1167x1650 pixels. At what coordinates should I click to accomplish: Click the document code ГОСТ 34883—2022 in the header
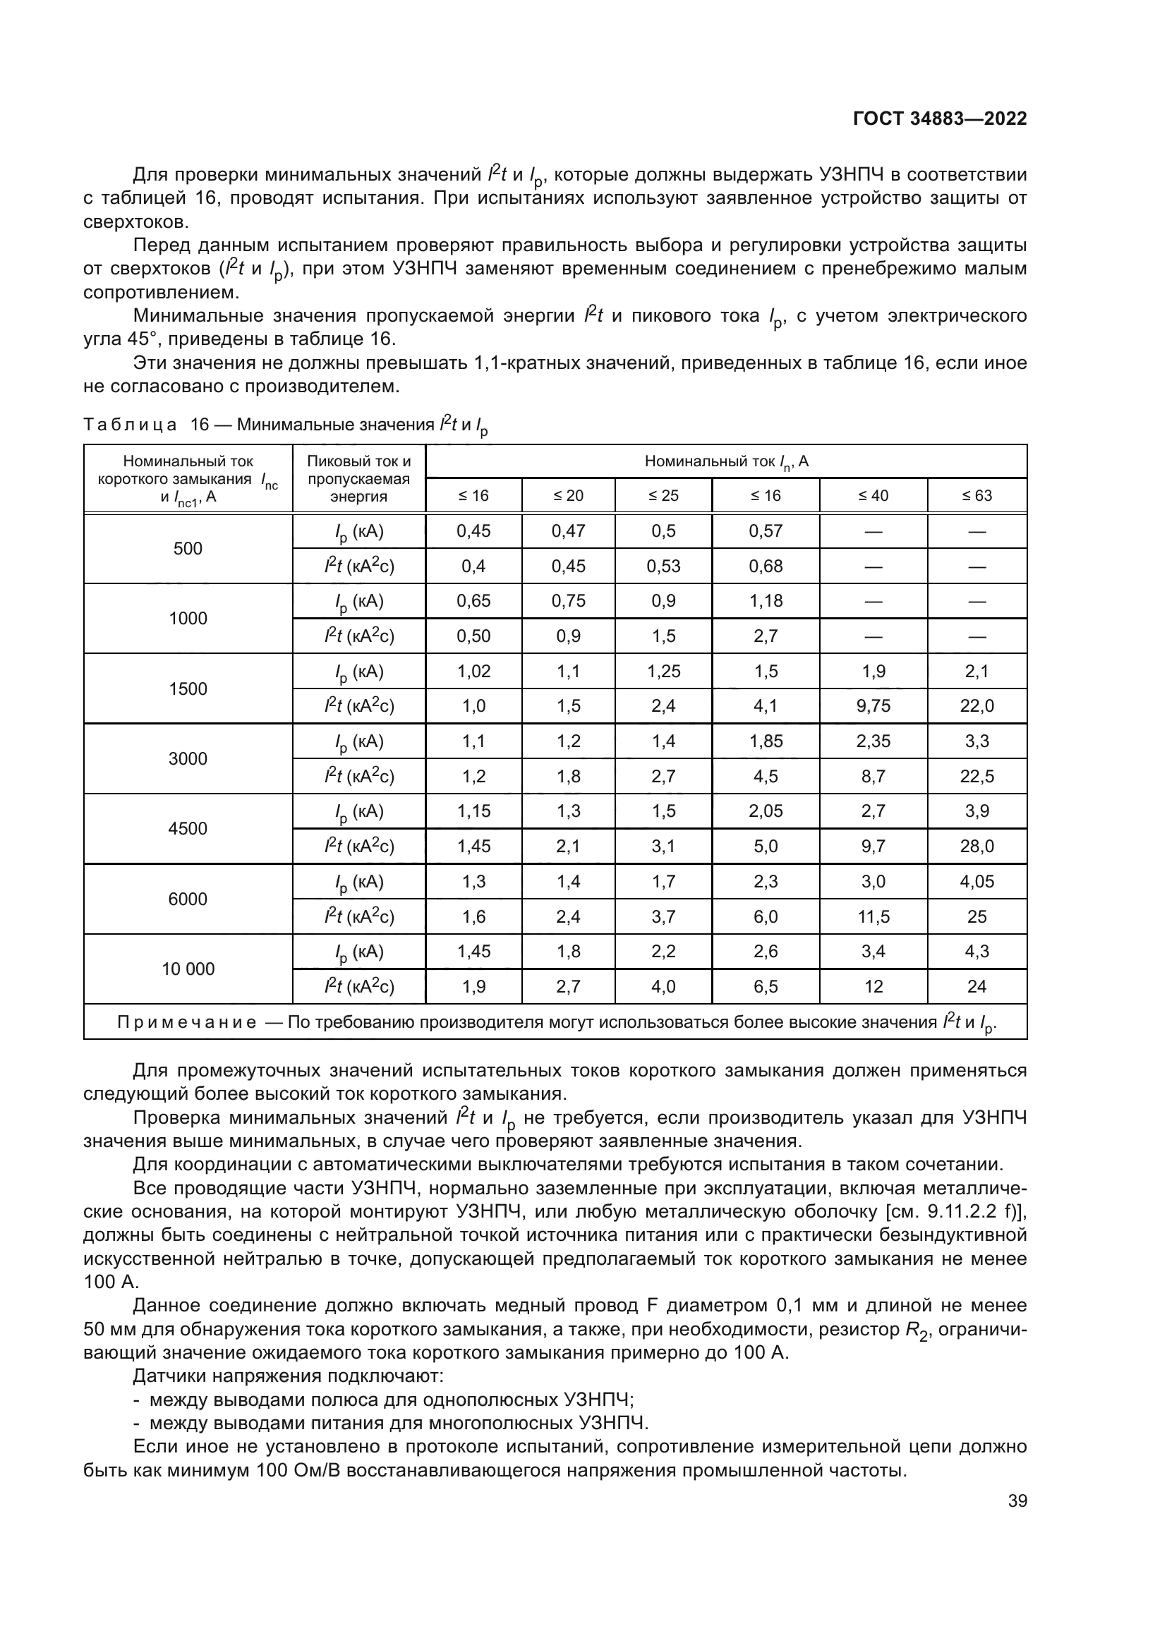coord(939,119)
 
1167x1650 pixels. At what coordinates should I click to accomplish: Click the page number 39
coord(1017,1500)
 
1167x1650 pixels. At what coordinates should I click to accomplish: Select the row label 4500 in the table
coord(188,829)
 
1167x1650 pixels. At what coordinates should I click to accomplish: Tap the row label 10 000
coord(188,969)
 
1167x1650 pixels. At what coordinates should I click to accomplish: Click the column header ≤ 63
coord(976,496)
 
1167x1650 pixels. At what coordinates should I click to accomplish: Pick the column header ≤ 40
coord(873,496)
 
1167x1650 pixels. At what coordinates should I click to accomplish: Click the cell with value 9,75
coord(873,706)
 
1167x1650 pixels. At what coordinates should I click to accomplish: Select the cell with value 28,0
coord(976,847)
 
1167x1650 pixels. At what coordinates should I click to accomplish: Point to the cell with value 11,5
coord(873,917)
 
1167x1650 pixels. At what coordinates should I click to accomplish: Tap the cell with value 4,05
coord(976,882)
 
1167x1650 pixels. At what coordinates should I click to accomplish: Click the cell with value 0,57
coord(766,531)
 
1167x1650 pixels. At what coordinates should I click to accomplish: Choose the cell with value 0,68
coord(766,566)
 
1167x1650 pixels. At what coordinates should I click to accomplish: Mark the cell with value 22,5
coord(976,776)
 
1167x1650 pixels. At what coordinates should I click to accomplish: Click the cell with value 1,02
coord(473,671)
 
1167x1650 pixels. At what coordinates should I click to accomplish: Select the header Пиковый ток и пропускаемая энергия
coord(358,478)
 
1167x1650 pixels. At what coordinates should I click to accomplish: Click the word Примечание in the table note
coord(187,1023)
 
